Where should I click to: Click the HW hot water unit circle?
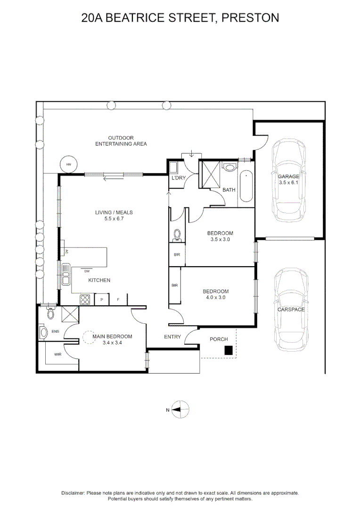point(68,164)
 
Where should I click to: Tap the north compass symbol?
point(180,410)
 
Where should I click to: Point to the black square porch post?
point(228,350)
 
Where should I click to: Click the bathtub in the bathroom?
point(246,187)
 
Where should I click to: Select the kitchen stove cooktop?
point(85,299)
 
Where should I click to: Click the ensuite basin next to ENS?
point(44,332)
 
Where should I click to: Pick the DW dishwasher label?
point(87,271)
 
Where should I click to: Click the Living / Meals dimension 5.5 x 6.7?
point(114,219)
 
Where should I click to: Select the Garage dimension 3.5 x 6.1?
point(289,182)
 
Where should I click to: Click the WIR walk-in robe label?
point(58,354)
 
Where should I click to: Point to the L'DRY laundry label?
point(179,178)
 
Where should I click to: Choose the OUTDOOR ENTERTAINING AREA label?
point(121,140)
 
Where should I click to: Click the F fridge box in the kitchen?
point(118,299)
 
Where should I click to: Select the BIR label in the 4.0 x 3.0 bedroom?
point(174,286)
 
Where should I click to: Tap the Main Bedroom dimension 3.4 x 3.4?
point(112,343)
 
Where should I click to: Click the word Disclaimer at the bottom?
point(73,493)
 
